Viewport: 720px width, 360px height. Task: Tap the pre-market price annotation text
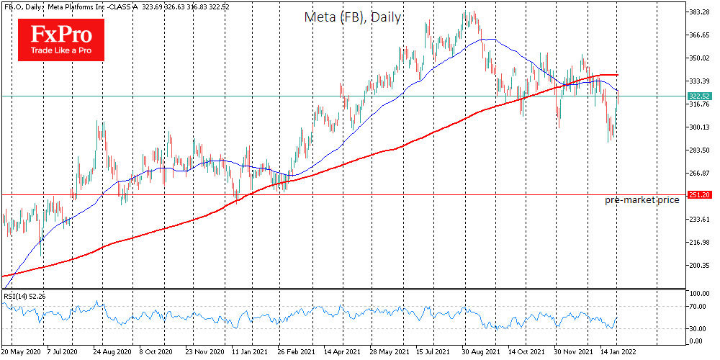click(642, 199)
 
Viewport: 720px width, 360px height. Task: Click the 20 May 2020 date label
click(22, 353)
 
